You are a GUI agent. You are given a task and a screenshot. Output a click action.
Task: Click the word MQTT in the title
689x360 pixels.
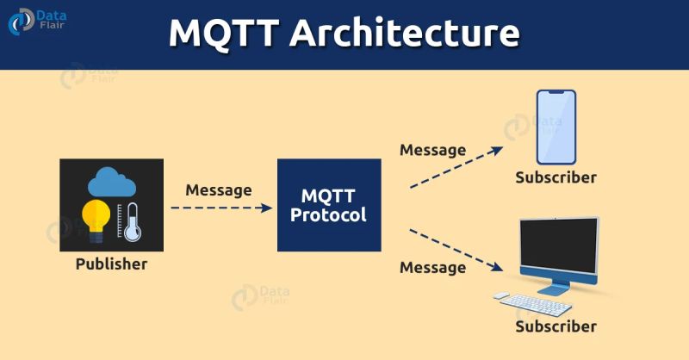222,33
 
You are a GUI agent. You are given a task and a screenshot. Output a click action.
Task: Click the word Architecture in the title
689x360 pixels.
404,33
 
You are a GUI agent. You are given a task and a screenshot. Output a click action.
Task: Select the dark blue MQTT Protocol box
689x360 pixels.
328,205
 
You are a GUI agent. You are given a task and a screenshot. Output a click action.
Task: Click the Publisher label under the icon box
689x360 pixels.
111,264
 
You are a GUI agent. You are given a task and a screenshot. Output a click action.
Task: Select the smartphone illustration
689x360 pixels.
556,127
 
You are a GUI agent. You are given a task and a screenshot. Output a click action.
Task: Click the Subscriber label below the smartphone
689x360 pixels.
556,177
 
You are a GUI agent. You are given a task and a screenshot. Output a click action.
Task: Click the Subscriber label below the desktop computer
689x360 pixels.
556,326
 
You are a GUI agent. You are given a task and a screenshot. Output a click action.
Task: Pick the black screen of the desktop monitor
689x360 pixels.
558,246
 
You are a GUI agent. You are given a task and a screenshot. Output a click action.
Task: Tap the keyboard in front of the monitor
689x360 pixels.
537,303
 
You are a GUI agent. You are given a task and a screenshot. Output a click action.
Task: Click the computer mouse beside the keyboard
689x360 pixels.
501,295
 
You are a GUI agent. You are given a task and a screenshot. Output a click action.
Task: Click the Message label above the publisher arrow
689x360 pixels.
219,189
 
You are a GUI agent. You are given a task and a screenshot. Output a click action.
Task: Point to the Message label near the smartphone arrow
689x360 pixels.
432,150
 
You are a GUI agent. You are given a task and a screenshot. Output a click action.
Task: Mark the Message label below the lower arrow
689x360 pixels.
432,267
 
